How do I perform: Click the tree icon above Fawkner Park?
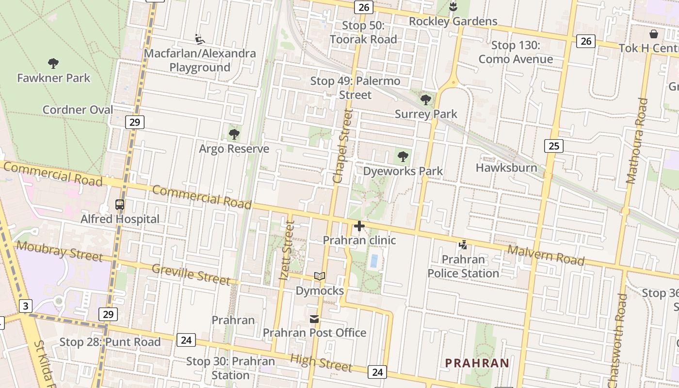[x=53, y=63]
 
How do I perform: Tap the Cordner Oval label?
[x=78, y=110]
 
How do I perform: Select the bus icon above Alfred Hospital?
[x=120, y=205]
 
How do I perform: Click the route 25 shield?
[x=553, y=145]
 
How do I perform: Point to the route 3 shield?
[x=26, y=306]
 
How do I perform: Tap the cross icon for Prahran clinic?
[x=359, y=226]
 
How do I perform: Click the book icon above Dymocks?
[x=319, y=276]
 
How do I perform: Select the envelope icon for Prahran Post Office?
[x=314, y=319]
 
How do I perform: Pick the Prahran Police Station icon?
[x=463, y=244]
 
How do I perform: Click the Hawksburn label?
[x=506, y=168]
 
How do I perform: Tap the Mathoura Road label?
[x=637, y=141]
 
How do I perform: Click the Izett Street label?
[x=287, y=251]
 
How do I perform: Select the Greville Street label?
[x=191, y=275]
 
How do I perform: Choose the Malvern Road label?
[x=546, y=255]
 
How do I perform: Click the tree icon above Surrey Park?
[x=426, y=100]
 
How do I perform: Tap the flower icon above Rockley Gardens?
[x=453, y=7]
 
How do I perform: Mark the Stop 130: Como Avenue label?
[x=516, y=52]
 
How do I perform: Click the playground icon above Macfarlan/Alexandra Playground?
[x=199, y=39]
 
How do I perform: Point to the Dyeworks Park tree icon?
[x=403, y=156]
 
